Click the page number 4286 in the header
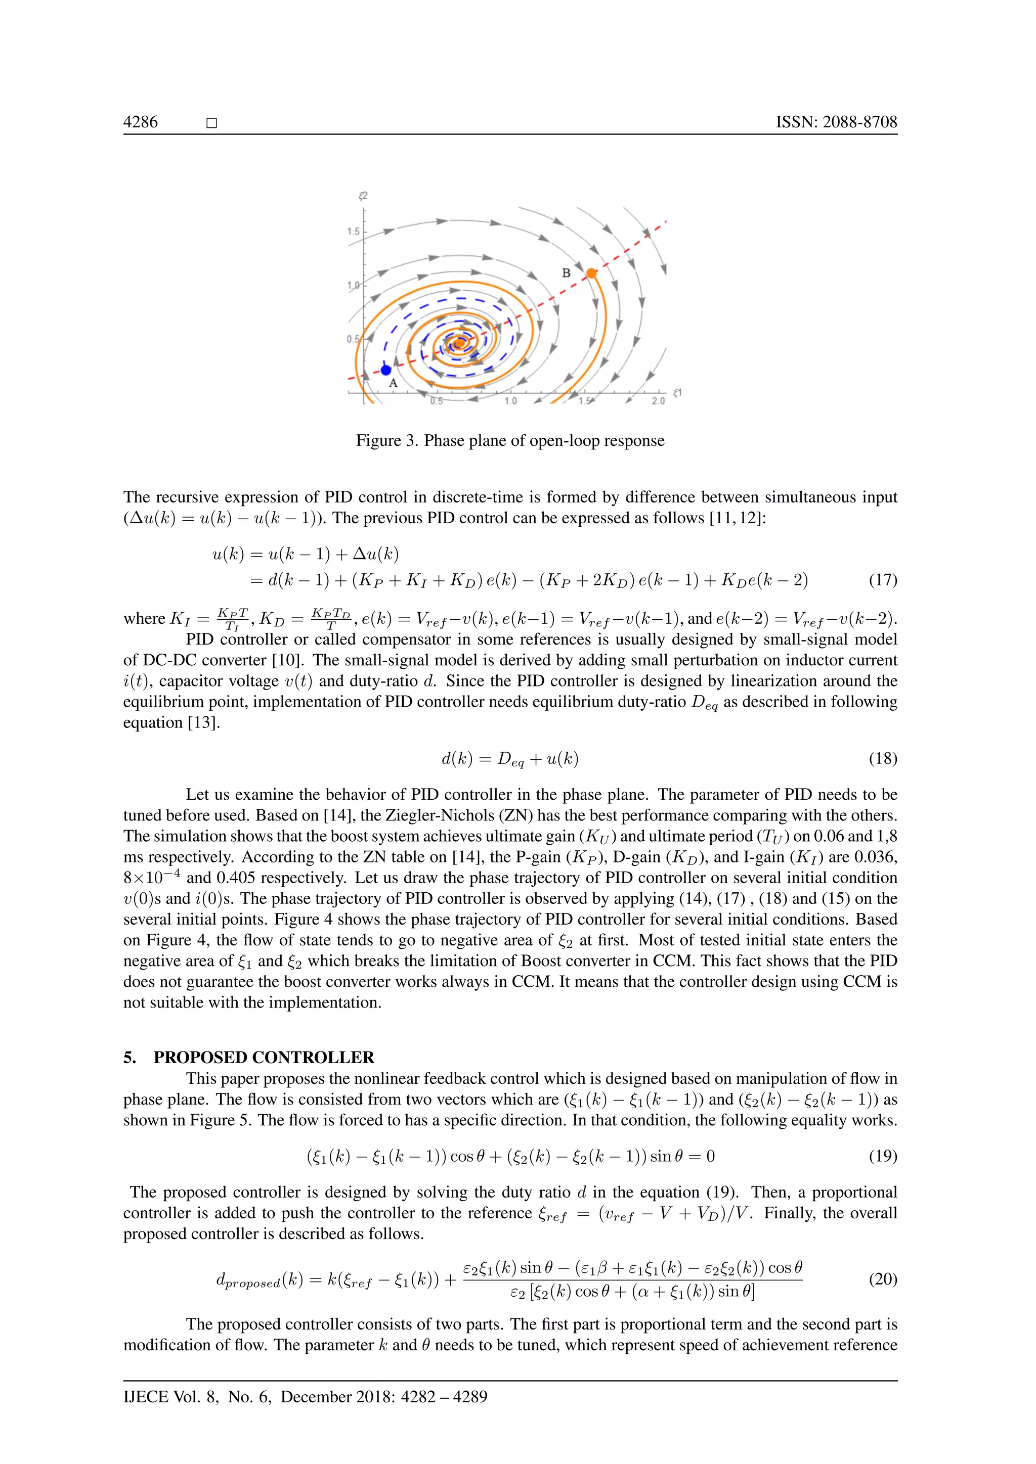tap(140, 122)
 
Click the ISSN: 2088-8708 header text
tap(836, 122)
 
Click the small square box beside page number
tap(212, 123)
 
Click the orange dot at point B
tap(591, 273)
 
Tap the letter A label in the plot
tap(394, 383)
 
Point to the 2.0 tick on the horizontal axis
tap(658, 401)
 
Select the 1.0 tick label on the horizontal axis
tap(510, 401)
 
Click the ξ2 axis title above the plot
tap(363, 196)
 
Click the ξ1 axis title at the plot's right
tap(677, 393)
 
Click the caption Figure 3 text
tap(510, 441)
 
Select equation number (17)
tap(883, 580)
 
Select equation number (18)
tap(883, 758)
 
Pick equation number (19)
tap(883, 1156)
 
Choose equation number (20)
tap(883, 1278)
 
